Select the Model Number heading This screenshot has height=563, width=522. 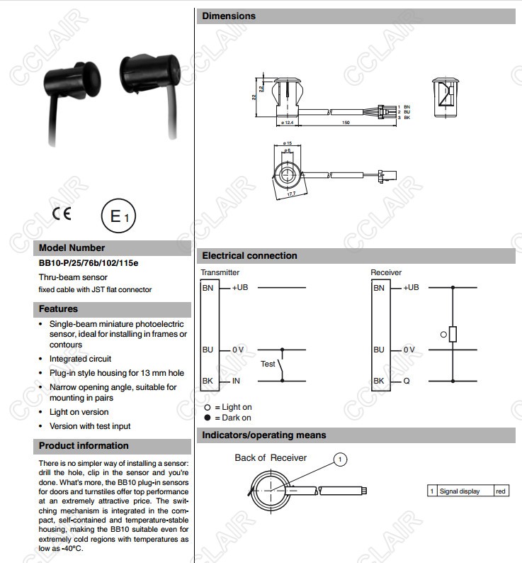pos(72,248)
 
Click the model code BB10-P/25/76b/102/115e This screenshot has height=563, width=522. pos(89,263)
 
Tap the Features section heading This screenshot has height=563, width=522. pos(58,309)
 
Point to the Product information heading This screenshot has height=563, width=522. pos(84,446)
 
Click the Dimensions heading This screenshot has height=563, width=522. pos(229,16)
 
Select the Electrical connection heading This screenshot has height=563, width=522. pos(249,255)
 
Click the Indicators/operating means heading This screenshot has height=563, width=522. pos(264,435)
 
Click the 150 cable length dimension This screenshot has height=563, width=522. pos(346,123)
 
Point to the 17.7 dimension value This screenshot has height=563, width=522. pos(290,191)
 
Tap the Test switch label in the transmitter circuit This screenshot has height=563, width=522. pos(268,364)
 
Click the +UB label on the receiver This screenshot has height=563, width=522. pos(412,287)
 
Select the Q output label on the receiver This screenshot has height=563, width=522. pos(407,381)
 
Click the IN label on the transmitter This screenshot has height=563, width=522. pos(236,381)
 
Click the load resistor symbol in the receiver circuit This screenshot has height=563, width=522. pos(453,334)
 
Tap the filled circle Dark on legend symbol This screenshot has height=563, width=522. pos(208,418)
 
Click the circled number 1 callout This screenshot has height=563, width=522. pos(340,460)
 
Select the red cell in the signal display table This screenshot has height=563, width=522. pos(501,491)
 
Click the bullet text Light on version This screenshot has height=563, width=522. pos(79,412)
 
